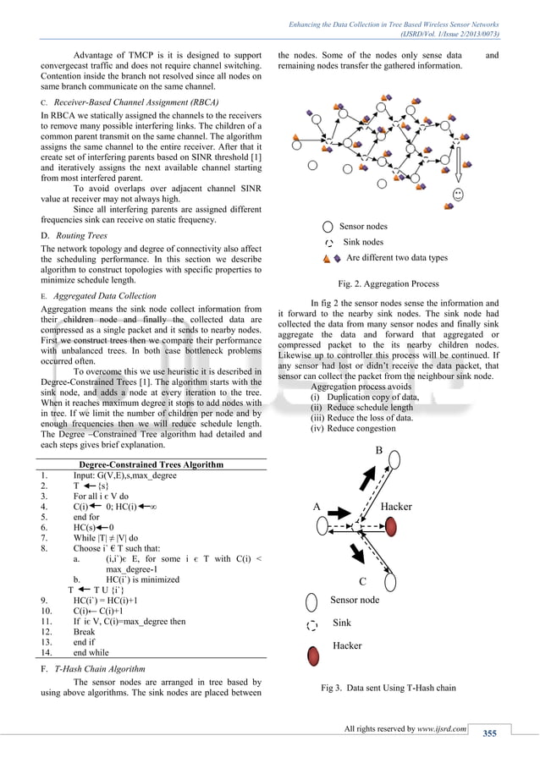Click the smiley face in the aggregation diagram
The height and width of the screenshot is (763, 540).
[x=458, y=195]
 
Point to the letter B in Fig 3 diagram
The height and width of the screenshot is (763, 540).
[x=378, y=450]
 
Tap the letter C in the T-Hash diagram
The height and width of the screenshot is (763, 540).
[x=363, y=581]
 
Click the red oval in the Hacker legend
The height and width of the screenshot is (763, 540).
[x=313, y=656]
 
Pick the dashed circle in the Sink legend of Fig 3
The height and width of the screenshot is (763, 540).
[x=312, y=626]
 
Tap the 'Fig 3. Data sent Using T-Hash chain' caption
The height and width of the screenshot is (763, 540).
[x=388, y=688]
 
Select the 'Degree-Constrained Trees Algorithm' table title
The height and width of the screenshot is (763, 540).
[x=151, y=464]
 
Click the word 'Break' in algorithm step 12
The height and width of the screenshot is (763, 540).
[x=85, y=631]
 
